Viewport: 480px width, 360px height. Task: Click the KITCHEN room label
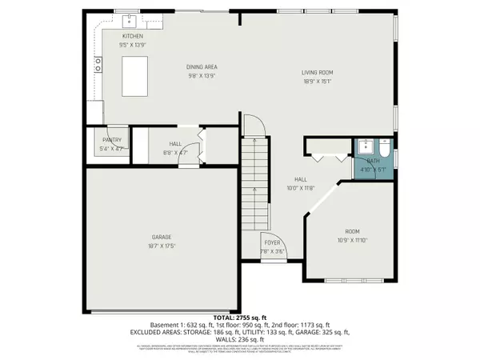pyautogui.click(x=132, y=37)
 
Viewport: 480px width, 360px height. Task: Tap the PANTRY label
pyautogui.click(x=112, y=140)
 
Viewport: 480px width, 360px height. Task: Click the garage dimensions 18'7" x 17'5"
pyautogui.click(x=162, y=246)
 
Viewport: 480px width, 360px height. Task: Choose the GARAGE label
pyautogui.click(x=162, y=237)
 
